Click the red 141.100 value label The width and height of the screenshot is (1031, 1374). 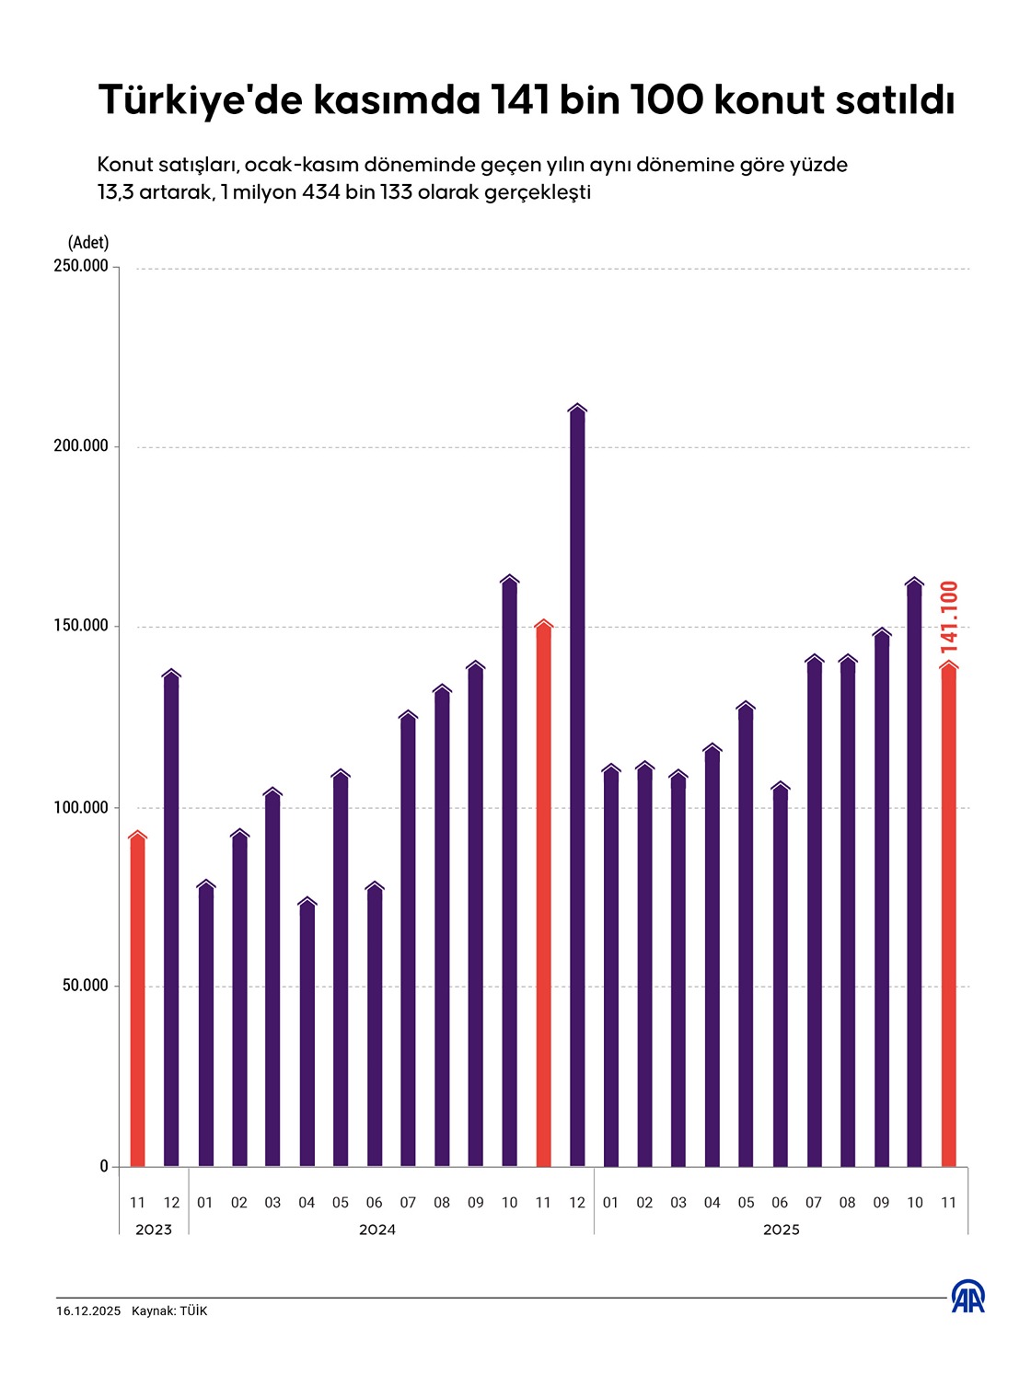tap(949, 617)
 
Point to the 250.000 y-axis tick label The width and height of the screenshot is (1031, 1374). tap(80, 266)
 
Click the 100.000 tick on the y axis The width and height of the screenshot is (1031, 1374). tap(80, 807)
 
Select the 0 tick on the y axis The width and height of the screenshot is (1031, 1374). tap(104, 1166)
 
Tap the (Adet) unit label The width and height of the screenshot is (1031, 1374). tap(88, 242)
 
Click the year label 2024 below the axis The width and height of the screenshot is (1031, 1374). tap(376, 1230)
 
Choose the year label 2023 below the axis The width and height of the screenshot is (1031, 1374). tap(154, 1230)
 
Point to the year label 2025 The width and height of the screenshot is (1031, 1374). tap(781, 1230)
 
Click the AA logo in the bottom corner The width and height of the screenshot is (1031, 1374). tap(967, 1297)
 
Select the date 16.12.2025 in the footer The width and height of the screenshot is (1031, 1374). tap(88, 1310)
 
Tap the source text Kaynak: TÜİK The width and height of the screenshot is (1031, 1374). tap(169, 1310)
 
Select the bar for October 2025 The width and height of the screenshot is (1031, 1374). tap(914, 874)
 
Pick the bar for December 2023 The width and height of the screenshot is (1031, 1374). tap(171, 920)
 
